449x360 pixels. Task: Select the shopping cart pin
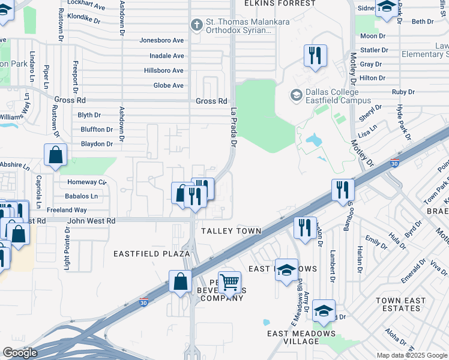pos(229,281)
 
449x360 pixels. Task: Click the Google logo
pos(20,353)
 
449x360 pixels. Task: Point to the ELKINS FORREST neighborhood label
pos(279,4)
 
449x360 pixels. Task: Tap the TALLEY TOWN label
pos(231,231)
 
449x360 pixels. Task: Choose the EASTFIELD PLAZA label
pos(152,254)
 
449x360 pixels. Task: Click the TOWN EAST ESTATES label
pos(400,304)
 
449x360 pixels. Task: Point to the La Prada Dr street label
pos(234,127)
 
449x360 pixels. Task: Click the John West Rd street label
pos(91,221)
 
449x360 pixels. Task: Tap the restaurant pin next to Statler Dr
pos(315,56)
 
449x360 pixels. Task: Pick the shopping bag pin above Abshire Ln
pos(55,155)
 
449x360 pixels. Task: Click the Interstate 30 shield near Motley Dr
pos(394,163)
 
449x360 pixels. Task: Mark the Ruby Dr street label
pos(403,92)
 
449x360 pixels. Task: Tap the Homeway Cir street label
pos(86,182)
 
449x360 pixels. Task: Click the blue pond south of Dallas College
pos(313,140)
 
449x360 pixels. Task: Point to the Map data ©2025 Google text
pos(412,355)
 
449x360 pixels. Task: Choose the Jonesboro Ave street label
pos(161,40)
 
